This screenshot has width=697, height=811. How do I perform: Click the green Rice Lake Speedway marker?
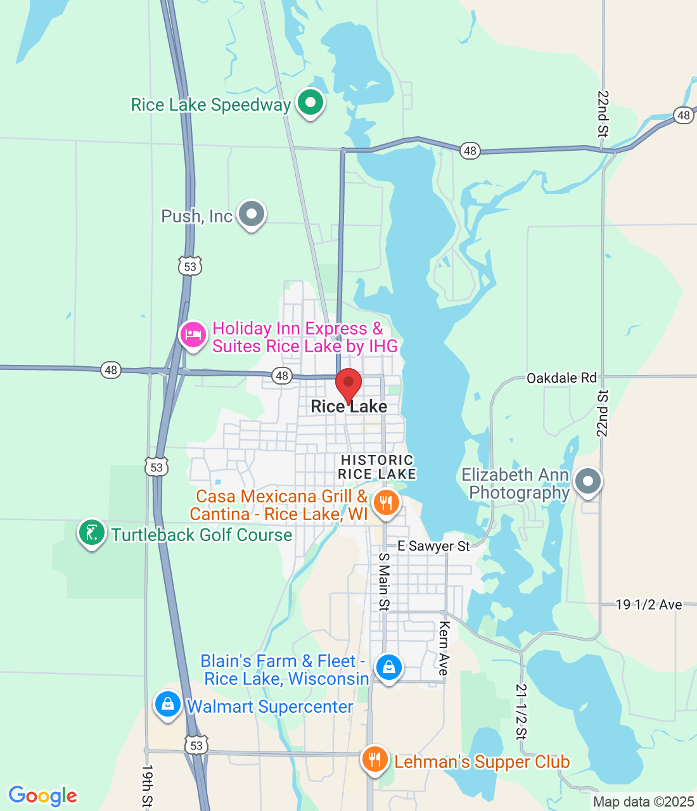click(x=310, y=102)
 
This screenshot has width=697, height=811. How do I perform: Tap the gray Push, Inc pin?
click(x=252, y=214)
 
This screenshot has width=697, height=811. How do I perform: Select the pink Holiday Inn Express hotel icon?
click(x=193, y=334)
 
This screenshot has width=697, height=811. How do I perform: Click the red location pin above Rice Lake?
click(x=348, y=384)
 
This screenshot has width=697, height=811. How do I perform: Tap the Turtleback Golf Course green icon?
click(x=92, y=532)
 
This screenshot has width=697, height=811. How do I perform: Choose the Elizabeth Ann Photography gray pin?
click(x=588, y=481)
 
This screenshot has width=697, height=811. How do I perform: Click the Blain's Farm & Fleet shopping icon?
click(x=388, y=668)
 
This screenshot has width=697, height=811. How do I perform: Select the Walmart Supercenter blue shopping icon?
click(x=168, y=704)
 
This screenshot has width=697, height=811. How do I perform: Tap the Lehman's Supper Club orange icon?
click(x=374, y=759)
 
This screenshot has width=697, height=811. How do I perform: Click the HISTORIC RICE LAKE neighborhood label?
click(x=377, y=467)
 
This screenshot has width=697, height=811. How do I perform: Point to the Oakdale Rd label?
click(x=561, y=378)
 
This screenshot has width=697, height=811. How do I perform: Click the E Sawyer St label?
click(x=434, y=546)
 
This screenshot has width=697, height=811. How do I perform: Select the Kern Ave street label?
click(x=443, y=648)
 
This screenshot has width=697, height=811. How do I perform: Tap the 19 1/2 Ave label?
click(x=649, y=604)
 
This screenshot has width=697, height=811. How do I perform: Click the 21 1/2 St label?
click(x=521, y=712)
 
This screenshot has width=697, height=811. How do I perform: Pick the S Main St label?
click(x=384, y=582)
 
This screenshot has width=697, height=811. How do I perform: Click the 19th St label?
click(x=146, y=786)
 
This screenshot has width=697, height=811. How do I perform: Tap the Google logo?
click(x=43, y=796)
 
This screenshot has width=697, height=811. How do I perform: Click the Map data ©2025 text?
click(x=643, y=802)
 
